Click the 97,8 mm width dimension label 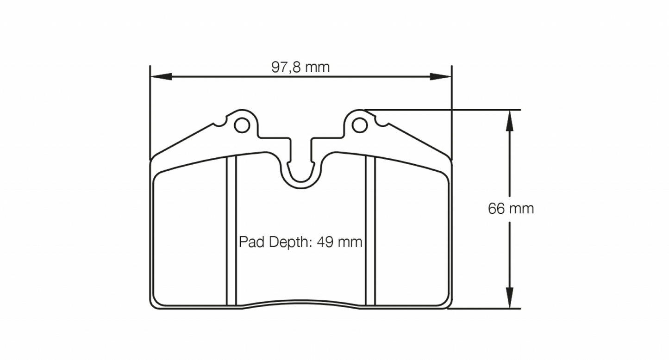point(300,68)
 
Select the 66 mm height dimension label point(511,209)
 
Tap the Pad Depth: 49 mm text point(300,242)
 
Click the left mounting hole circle point(241,124)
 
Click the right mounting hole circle point(359,124)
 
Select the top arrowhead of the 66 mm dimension point(509,119)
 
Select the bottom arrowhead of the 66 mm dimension point(509,298)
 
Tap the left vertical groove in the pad point(231,231)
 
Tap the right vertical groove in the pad point(370,231)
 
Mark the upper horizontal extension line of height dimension point(444,110)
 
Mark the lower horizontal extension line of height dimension point(486,309)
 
